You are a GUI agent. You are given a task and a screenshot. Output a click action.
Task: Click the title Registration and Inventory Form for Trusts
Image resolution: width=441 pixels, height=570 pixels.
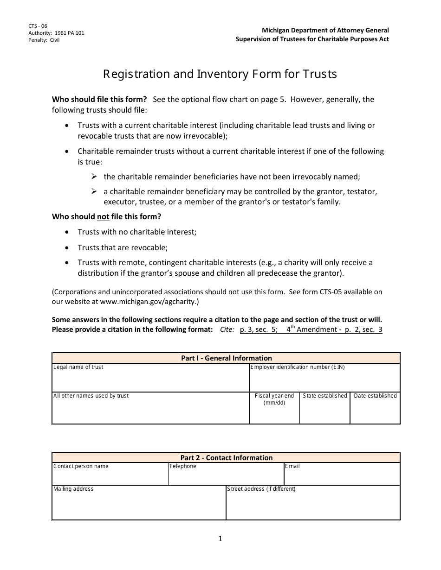coord(220,74)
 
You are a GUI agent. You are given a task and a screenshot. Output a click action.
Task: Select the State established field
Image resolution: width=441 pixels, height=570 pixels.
coord(324,412)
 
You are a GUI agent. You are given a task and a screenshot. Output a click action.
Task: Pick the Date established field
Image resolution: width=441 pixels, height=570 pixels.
coord(375,412)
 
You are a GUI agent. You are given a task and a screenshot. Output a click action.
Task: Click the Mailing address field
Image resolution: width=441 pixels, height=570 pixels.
coord(138,506)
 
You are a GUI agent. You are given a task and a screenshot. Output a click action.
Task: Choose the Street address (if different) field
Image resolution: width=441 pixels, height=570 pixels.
coord(313,506)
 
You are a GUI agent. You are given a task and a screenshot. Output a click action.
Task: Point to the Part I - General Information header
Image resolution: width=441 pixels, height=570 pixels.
coord(226,358)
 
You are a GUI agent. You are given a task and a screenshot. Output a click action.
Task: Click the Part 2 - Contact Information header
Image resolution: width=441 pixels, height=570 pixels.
coord(226,457)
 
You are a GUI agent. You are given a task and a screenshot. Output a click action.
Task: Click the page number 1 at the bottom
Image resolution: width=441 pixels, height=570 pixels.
coord(220,538)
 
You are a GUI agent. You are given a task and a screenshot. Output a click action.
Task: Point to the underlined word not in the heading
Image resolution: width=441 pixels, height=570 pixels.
coord(103,216)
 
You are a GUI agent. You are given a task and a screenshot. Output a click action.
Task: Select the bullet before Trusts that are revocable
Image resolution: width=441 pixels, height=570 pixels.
coord(68,247)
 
